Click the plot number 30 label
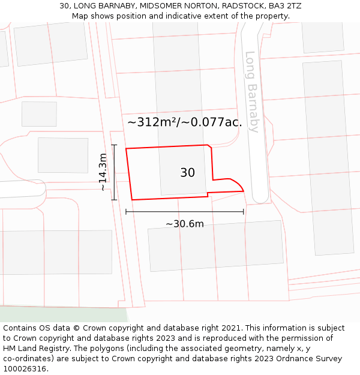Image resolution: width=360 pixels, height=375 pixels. [187, 173]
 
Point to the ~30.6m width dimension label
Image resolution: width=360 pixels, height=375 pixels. [184, 224]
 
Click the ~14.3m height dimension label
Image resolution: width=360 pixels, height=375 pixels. [103, 172]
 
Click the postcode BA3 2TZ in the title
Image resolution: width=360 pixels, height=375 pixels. [285, 6]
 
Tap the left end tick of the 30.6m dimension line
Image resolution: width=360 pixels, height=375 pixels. [126, 211]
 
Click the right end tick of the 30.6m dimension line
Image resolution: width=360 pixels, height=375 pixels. [244, 211]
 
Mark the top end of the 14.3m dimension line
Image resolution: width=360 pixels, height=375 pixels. [114, 145]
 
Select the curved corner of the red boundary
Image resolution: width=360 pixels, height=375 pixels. [237, 184]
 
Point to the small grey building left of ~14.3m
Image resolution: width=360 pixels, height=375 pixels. [63, 155]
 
